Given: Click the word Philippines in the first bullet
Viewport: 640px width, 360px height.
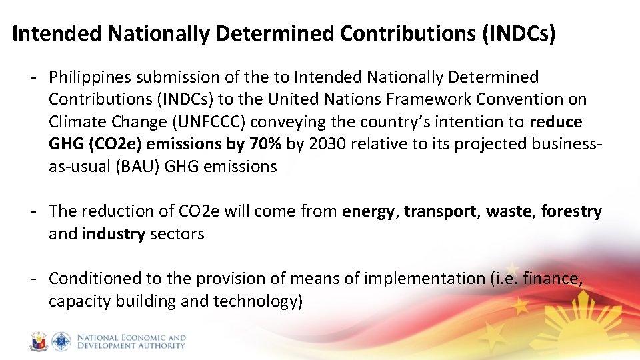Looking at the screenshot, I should (90, 78).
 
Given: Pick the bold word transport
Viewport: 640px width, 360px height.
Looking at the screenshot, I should (440, 211).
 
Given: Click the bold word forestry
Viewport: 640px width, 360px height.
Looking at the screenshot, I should (571, 212).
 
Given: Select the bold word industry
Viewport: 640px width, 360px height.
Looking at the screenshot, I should (114, 234).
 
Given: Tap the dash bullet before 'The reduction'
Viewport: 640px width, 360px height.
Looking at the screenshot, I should (32, 211).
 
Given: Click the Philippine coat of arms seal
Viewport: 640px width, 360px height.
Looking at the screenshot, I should (39, 342).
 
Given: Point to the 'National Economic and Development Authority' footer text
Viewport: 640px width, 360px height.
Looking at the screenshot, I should (131, 342).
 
